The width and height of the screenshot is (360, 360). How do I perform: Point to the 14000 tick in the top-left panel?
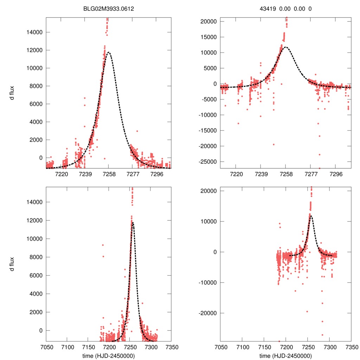point(35,32)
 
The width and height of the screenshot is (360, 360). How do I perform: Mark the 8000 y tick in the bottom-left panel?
point(36,257)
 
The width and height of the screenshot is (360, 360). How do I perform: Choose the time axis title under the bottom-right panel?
point(286,356)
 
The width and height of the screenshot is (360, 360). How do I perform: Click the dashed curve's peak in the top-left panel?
point(109,52)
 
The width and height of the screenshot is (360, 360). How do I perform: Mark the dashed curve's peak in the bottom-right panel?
point(311,216)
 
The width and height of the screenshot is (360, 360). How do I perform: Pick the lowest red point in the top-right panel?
point(320,168)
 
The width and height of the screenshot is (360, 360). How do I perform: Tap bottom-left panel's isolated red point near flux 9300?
point(103,245)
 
